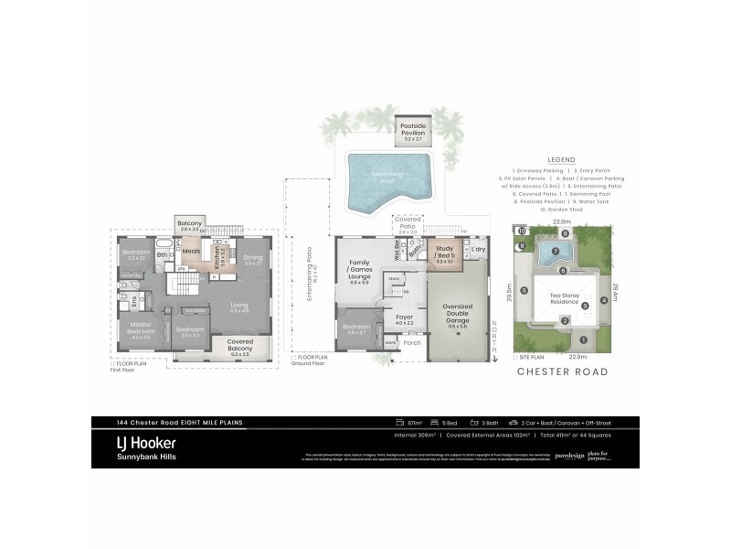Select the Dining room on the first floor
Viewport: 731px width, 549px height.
click(253, 259)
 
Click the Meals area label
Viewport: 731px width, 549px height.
click(192, 252)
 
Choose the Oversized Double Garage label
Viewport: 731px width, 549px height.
click(456, 310)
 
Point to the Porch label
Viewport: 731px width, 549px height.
click(412, 343)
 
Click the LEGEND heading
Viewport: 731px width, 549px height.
click(561, 158)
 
